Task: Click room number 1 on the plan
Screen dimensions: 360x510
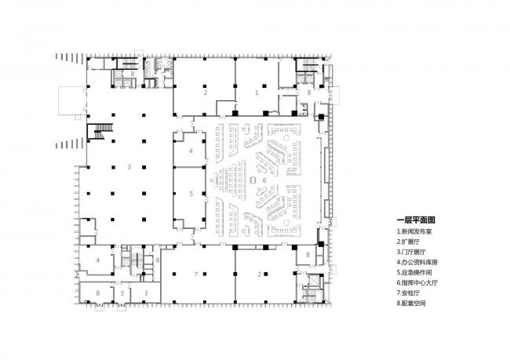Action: (x=256, y=93)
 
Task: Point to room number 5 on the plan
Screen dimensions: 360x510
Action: (x=191, y=193)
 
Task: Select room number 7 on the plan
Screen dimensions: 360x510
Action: (x=195, y=274)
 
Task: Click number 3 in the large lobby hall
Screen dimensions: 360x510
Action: (x=128, y=167)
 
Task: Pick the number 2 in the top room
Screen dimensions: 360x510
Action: (x=205, y=93)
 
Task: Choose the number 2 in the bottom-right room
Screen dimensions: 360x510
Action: (x=260, y=274)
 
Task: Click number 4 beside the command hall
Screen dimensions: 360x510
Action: (x=191, y=150)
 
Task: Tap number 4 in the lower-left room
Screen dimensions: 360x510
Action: (x=98, y=260)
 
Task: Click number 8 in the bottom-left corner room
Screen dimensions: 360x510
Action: (x=97, y=293)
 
